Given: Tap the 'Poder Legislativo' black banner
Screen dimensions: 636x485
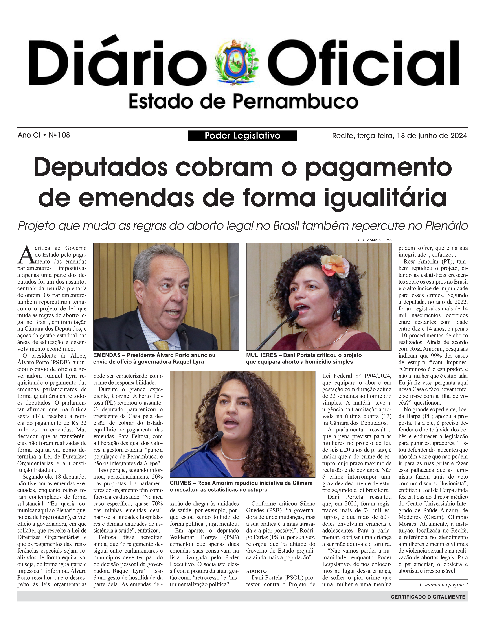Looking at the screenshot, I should pyautogui.click(x=242, y=135).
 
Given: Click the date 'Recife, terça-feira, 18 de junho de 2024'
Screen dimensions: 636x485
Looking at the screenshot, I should pyautogui.click(x=399, y=135).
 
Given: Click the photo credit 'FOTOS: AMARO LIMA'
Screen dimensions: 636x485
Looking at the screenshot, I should pyautogui.click(x=374, y=240).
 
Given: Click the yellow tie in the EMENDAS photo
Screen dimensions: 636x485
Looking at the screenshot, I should pyautogui.click(x=162, y=345).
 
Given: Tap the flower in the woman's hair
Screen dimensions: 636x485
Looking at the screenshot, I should pyautogui.click(x=335, y=265).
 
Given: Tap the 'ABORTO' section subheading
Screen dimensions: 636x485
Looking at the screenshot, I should pyautogui.click(x=256, y=571).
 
